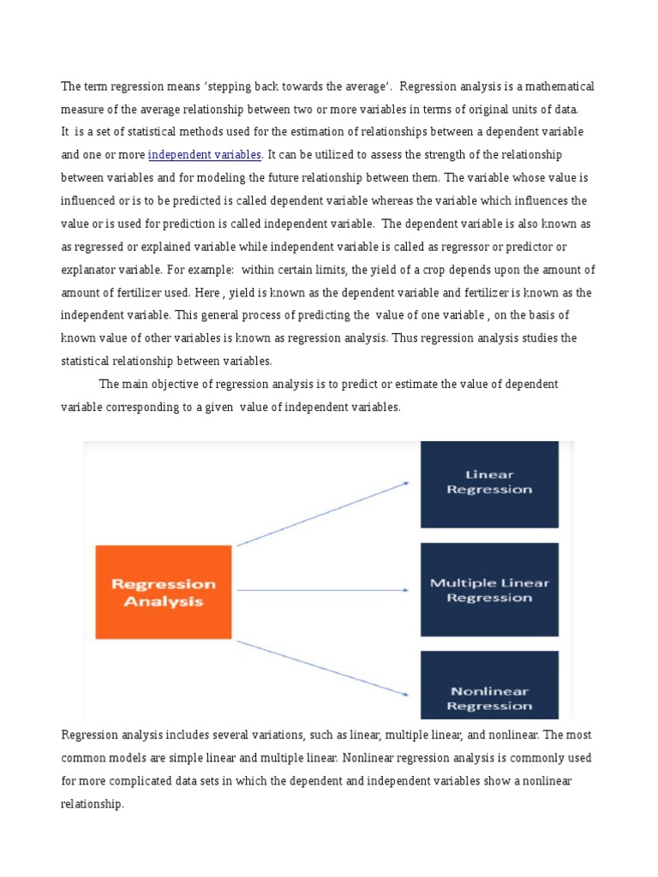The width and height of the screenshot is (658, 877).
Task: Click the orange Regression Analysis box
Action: [163, 592]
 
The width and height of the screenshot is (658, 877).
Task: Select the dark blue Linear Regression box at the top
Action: [488, 483]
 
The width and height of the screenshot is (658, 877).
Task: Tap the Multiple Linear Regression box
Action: [488, 590]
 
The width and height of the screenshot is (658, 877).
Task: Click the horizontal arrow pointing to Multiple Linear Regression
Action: [320, 590]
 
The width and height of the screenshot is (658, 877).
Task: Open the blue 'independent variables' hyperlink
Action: [205, 155]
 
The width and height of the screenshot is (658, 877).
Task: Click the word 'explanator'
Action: [89, 270]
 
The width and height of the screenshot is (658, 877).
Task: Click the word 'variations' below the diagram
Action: [257, 736]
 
